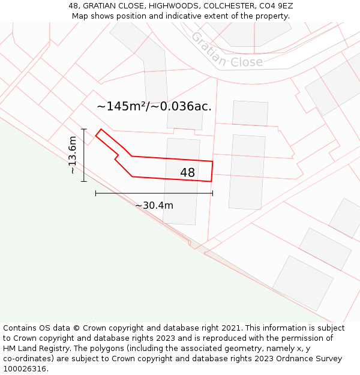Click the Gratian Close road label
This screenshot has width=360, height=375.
(226, 50)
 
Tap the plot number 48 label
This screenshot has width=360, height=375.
(187, 173)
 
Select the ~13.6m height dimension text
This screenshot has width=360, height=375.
(73, 155)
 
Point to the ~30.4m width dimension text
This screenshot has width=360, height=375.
(154, 205)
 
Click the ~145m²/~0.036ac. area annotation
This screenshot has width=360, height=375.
(154, 107)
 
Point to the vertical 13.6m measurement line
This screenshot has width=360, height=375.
(84, 155)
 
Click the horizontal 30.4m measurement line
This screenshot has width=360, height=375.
(154, 193)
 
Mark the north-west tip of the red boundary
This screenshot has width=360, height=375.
(100, 130)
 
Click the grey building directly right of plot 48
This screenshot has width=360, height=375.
(247, 172)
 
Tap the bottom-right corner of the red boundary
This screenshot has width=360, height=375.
(211, 181)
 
